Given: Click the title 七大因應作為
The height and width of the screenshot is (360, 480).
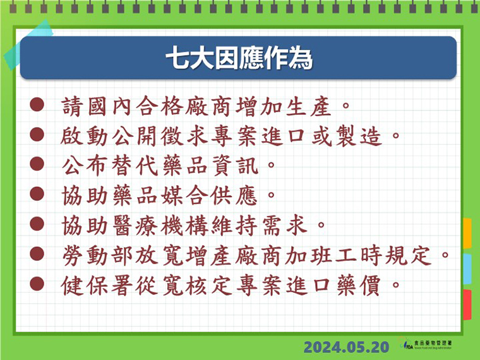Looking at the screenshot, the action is (x=239, y=58).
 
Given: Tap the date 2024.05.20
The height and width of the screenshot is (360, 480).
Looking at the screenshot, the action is (x=346, y=347).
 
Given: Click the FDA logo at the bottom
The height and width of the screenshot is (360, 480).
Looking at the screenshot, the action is (x=426, y=344).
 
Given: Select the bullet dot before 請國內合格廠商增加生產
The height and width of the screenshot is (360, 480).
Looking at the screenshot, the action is (x=37, y=105).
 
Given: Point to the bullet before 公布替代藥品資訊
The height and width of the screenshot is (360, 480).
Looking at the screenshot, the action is (x=37, y=164).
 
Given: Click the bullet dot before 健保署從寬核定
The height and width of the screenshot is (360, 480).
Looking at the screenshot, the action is (x=37, y=284).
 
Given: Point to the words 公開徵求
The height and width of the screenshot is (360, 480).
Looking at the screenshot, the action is (x=160, y=136).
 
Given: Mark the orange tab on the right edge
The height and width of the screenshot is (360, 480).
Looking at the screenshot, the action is (x=467, y=233).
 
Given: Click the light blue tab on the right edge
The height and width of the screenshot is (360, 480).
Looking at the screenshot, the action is (x=467, y=269).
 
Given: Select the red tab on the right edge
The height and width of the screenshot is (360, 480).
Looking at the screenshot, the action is (x=467, y=304).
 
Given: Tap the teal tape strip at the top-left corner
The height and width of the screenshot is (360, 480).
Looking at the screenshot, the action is (x=28, y=45).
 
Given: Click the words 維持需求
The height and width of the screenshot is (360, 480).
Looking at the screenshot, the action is (x=259, y=225).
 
